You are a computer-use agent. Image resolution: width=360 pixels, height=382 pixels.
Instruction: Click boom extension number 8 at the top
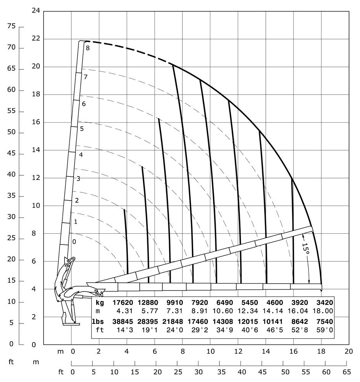point(87,48)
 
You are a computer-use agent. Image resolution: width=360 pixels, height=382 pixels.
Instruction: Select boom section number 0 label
point(74,242)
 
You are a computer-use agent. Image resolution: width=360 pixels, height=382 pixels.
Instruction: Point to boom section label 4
point(81,155)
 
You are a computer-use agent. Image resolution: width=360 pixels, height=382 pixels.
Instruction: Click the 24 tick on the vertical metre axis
point(36,11)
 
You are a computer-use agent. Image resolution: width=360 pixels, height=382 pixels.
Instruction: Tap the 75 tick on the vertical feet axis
point(11,26)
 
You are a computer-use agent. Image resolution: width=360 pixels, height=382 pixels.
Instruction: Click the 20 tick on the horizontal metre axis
point(348,351)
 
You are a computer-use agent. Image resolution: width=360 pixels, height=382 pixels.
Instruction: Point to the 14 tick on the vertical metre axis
point(36,150)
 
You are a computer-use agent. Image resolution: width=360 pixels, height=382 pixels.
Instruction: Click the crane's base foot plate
point(72,324)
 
